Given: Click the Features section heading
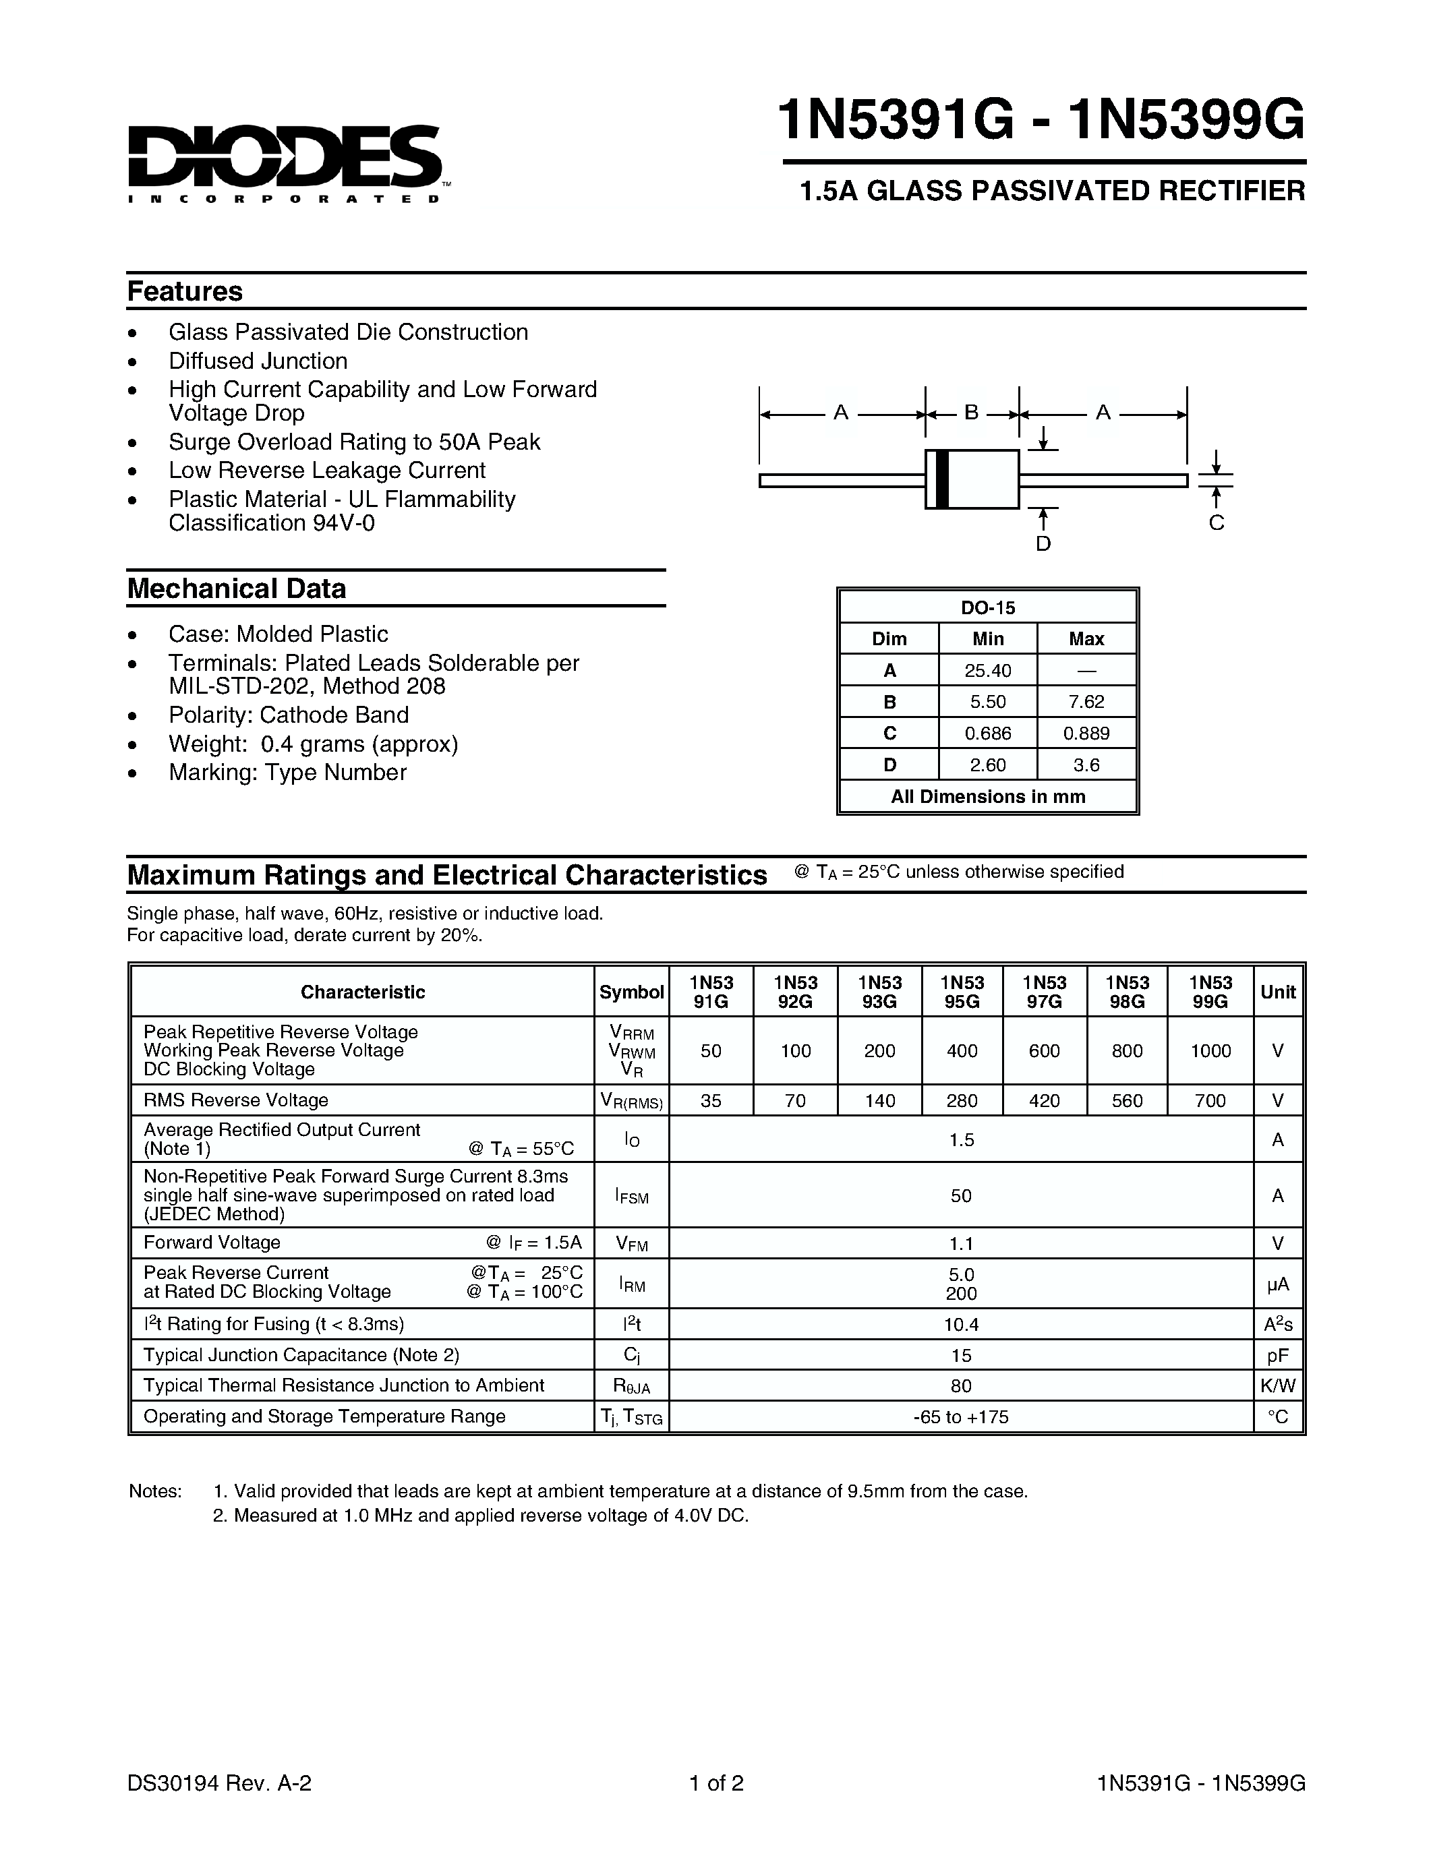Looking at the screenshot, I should pyautogui.click(x=184, y=291).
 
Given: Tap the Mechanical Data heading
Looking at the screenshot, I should pyautogui.click(x=236, y=589).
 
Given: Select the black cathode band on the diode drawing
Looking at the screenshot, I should pyautogui.click(x=941, y=479).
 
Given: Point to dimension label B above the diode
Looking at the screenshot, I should pyautogui.click(x=971, y=413).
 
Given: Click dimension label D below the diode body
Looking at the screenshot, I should pyautogui.click(x=1043, y=543).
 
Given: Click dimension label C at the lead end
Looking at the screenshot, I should pyautogui.click(x=1216, y=523).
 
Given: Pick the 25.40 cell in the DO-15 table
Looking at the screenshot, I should pyautogui.click(x=987, y=671).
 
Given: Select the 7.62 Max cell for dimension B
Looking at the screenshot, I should pyautogui.click(x=1086, y=702).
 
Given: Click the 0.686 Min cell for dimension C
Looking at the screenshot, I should pyautogui.click(x=987, y=734).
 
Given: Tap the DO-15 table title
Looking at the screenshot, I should pyautogui.click(x=987, y=608).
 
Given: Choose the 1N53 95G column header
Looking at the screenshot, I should pyautogui.click(x=961, y=992).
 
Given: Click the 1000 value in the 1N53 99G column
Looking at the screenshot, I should pyautogui.click(x=1210, y=1051).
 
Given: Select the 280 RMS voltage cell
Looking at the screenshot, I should pyautogui.click(x=961, y=1101).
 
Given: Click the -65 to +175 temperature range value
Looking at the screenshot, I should pyautogui.click(x=961, y=1417).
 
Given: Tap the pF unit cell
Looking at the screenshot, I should pyautogui.click(x=1277, y=1356).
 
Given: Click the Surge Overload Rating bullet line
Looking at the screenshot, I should pyautogui.click(x=354, y=442).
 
